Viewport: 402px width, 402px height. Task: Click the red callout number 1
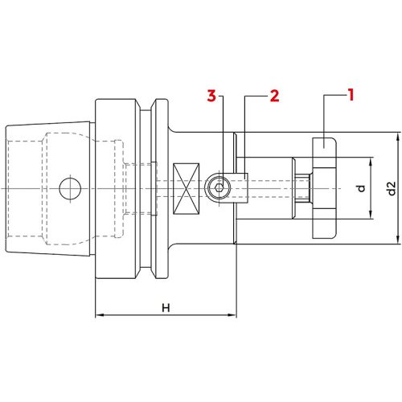(351, 96)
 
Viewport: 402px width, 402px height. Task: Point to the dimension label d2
(392, 189)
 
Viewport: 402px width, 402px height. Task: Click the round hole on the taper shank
(70, 189)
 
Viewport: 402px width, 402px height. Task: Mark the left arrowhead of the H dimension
(99, 314)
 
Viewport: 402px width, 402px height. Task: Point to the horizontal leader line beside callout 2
(256, 96)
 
